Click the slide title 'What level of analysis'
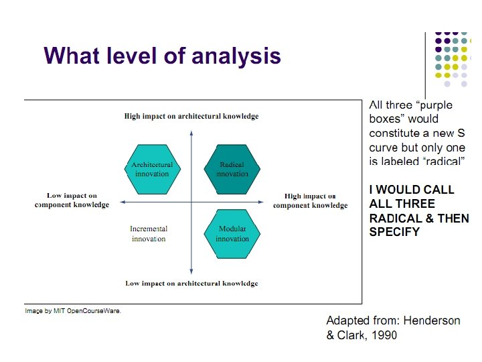162,55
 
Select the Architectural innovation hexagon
152,169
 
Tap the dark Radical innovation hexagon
232,169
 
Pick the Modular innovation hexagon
232,233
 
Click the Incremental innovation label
149,233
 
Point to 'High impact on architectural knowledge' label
191,116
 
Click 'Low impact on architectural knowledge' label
191,284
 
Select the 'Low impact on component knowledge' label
72,200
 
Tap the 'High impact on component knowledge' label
310,200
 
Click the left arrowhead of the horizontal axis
122,200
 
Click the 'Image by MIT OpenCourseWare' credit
73,311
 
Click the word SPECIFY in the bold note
394,232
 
